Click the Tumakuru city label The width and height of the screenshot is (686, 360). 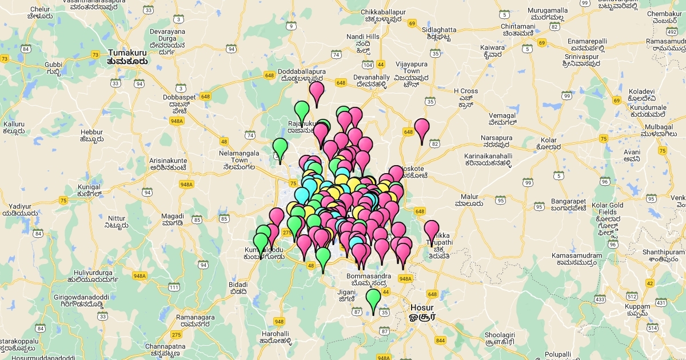127,56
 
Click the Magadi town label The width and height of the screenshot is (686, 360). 173,219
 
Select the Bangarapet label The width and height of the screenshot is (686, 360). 569,205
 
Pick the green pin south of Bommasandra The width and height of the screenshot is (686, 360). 373,299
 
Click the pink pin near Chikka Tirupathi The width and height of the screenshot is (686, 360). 432,231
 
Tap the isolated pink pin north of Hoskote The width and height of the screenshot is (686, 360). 422,129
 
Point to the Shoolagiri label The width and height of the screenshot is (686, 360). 500,338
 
